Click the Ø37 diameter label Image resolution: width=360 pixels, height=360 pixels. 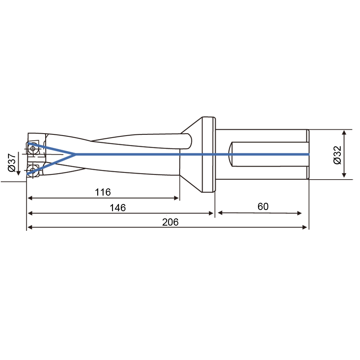[12, 162]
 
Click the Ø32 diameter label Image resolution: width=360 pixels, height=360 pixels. [337, 155]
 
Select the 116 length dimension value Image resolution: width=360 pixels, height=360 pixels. [103, 192]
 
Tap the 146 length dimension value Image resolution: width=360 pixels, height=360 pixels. [118, 208]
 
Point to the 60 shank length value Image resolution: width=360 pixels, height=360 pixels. [263, 206]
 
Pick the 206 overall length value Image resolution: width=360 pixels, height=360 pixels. [170, 222]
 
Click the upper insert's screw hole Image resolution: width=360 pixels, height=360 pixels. [33, 148]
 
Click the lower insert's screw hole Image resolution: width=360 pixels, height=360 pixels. [33, 170]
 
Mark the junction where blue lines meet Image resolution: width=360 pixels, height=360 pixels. [75, 154]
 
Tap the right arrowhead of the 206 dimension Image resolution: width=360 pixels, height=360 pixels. [305, 227]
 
